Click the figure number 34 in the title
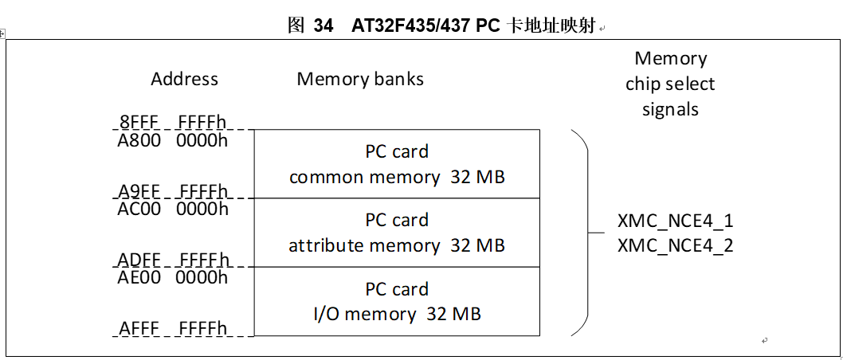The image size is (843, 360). [323, 25]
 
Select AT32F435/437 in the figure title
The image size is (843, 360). [410, 25]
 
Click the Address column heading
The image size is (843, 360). [184, 79]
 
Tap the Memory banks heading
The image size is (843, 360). [360, 79]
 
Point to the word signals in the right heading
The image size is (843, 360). [670, 109]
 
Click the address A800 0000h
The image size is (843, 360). [172, 140]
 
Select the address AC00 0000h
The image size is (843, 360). [172, 209]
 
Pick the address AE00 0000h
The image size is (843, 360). [172, 277]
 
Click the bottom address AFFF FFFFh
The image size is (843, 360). [172, 329]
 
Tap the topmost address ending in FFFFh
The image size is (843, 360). [172, 123]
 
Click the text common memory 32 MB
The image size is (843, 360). [397, 177]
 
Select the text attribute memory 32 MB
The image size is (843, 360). [397, 245]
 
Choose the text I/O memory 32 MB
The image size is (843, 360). [397, 314]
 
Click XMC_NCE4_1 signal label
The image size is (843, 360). [675, 221]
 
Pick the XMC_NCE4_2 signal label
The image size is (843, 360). [675, 245]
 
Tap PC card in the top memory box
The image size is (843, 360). [397, 151]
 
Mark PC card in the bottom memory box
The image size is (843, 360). [397, 288]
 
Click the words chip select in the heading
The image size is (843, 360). [670, 84]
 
